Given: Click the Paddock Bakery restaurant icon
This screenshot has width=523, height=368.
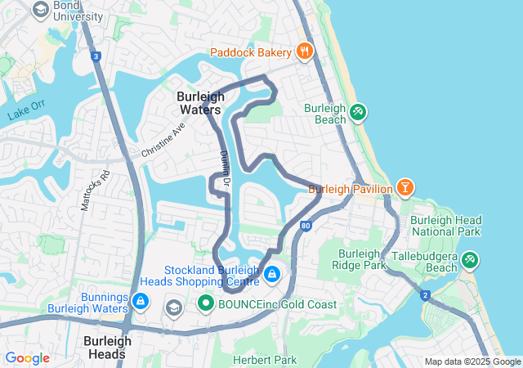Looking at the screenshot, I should pyautogui.click(x=304, y=52).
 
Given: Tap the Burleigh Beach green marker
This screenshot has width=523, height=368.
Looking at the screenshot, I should pyautogui.click(x=358, y=112).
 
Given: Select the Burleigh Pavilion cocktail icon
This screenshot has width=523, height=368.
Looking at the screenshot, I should pyautogui.click(x=405, y=189).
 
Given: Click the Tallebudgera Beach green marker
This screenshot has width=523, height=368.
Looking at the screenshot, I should pyautogui.click(x=470, y=261).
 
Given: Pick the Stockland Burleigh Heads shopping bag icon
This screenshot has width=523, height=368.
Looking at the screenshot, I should pyautogui.click(x=271, y=274).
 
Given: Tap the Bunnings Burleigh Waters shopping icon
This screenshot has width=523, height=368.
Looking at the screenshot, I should pyautogui.click(x=141, y=302).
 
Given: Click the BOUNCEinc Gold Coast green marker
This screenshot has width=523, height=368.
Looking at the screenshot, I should pyautogui.click(x=206, y=305).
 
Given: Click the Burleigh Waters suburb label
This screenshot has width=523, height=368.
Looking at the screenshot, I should pyautogui.click(x=199, y=102).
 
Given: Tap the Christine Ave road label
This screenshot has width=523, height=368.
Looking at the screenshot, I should pyautogui.click(x=163, y=141).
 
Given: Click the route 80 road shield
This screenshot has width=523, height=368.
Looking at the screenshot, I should pyautogui.click(x=305, y=226).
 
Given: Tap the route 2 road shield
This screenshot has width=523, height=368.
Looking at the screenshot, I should pyautogui.click(x=425, y=294).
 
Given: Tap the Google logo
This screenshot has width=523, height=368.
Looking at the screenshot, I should pyautogui.click(x=27, y=358).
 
